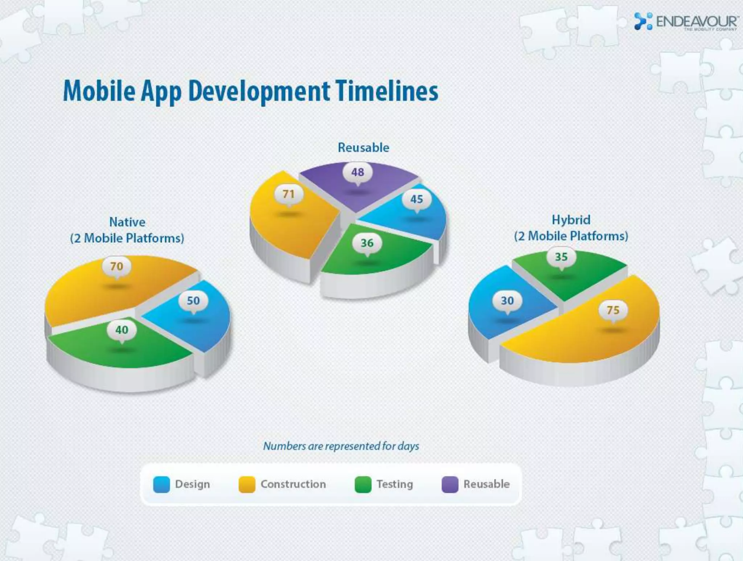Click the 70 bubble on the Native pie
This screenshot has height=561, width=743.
pyautogui.click(x=116, y=266)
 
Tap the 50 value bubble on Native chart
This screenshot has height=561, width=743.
pyautogui.click(x=193, y=300)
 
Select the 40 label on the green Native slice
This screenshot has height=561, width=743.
pyautogui.click(x=122, y=330)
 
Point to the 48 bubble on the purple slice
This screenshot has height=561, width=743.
pyautogui.click(x=358, y=172)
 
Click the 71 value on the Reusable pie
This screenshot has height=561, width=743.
pyautogui.click(x=289, y=194)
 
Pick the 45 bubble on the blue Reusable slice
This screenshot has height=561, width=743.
pyautogui.click(x=416, y=199)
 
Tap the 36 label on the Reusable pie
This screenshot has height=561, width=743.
pyautogui.click(x=367, y=243)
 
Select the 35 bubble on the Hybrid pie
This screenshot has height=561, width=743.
pyautogui.click(x=561, y=257)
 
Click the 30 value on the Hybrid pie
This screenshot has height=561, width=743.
pyautogui.click(x=507, y=301)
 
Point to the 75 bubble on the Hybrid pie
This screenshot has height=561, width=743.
pyautogui.click(x=613, y=310)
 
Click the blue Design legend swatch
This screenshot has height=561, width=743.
pyautogui.click(x=161, y=484)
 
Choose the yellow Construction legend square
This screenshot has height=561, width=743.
pyautogui.click(x=247, y=484)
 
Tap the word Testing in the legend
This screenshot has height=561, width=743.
pyautogui.click(x=395, y=484)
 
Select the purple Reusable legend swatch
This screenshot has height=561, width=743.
pyautogui.click(x=450, y=484)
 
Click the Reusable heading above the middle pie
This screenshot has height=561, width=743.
pyautogui.click(x=364, y=148)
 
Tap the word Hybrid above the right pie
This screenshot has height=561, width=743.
pyautogui.click(x=571, y=220)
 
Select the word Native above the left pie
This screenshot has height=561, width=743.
pyautogui.click(x=127, y=222)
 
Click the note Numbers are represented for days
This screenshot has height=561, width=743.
pyautogui.click(x=341, y=446)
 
